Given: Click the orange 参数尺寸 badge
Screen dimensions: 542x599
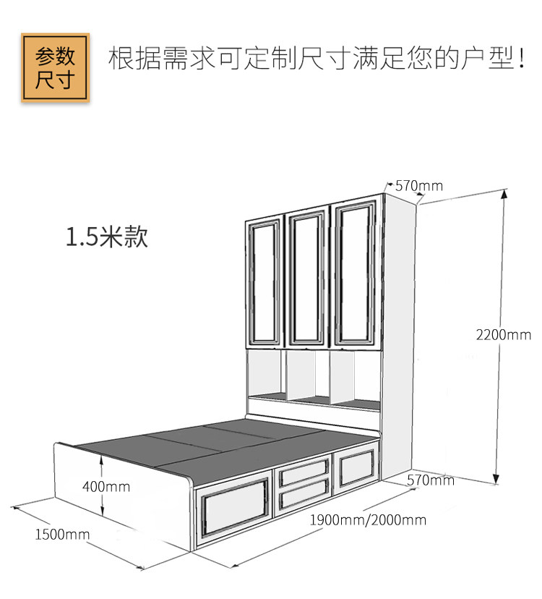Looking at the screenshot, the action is pos(56,67).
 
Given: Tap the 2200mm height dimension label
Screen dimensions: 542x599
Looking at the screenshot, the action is pos(504,335).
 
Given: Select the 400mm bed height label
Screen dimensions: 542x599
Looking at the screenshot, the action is pos(106,487).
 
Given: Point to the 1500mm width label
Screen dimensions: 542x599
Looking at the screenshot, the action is pos(62,534).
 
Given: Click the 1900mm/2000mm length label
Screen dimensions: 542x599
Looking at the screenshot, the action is pos(368,520).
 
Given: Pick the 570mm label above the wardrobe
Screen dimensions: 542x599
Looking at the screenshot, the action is pos(419,186).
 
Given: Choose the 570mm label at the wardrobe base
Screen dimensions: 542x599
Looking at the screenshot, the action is pos(431,480).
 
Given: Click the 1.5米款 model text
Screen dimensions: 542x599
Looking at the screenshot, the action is pos(107,237).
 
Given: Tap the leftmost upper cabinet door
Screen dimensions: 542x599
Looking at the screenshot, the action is pos(264,283).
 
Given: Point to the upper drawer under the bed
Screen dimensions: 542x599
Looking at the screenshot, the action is pos(304,472).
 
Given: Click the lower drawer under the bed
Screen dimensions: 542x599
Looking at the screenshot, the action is pos(304,494).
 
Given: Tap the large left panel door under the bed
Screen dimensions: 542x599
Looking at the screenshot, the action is pos(234,507).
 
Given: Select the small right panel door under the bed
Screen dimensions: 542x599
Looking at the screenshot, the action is pos(357,468).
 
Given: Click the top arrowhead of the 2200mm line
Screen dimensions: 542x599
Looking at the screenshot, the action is pos(504,194).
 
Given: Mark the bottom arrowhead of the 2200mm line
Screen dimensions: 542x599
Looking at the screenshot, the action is pos(496,479).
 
